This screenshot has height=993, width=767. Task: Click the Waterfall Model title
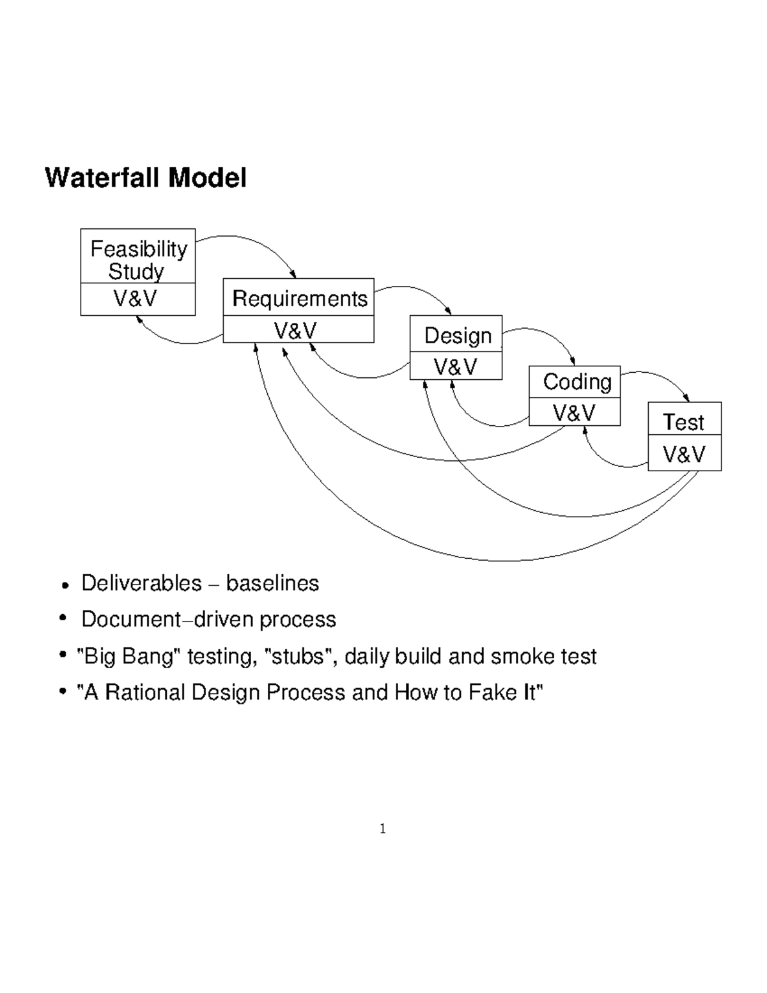pyautogui.click(x=145, y=178)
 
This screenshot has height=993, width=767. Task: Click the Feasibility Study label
pyautogui.click(x=138, y=259)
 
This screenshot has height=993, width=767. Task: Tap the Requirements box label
pyautogui.click(x=299, y=298)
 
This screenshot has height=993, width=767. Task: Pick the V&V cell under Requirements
pyautogui.click(x=295, y=330)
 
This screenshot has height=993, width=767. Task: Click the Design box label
pyautogui.click(x=458, y=335)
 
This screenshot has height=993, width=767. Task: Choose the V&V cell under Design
pyautogui.click(x=455, y=367)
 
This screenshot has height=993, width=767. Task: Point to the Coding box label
pyautogui.click(x=577, y=382)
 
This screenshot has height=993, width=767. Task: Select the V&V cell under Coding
pyautogui.click(x=574, y=413)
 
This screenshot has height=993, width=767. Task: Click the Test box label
pyautogui.click(x=683, y=422)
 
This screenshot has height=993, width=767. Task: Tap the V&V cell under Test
pyautogui.click(x=684, y=455)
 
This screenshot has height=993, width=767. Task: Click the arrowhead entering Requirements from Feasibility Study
pyautogui.click(x=293, y=275)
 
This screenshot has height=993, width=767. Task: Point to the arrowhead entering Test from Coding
pyautogui.click(x=687, y=399)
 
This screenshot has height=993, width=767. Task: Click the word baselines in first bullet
pyautogui.click(x=272, y=583)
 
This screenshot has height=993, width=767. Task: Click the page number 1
pyautogui.click(x=382, y=829)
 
